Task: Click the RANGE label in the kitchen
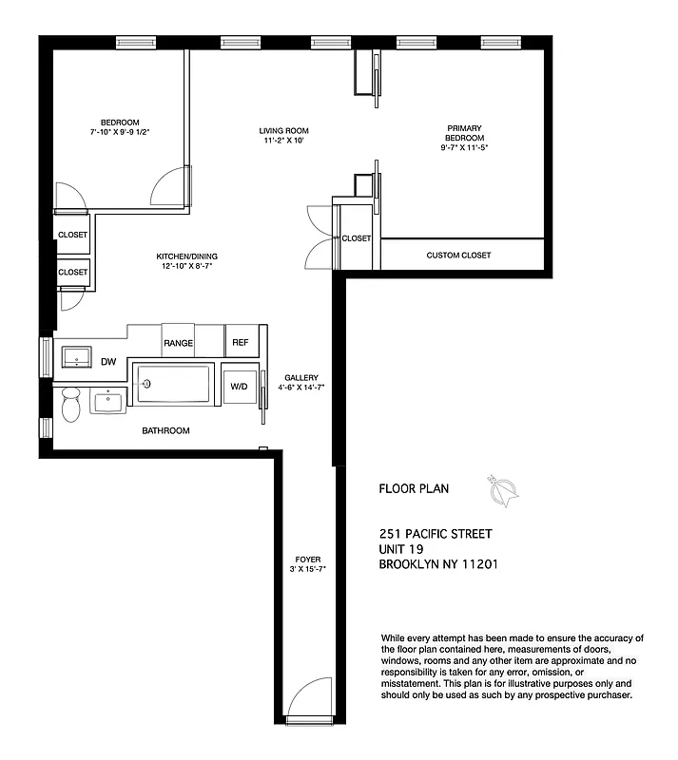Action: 178,343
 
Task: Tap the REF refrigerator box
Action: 240,343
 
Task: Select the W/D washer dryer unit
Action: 239,385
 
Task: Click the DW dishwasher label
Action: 108,362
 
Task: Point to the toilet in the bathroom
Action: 70,406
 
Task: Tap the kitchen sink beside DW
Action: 75,357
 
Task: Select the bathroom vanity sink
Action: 108,401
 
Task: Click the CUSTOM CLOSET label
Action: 458,256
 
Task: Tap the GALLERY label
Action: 301,377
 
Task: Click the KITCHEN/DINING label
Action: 186,256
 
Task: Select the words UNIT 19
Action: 401,549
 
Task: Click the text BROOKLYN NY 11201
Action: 438,564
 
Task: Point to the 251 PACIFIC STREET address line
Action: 436,534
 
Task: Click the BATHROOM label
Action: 165,431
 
